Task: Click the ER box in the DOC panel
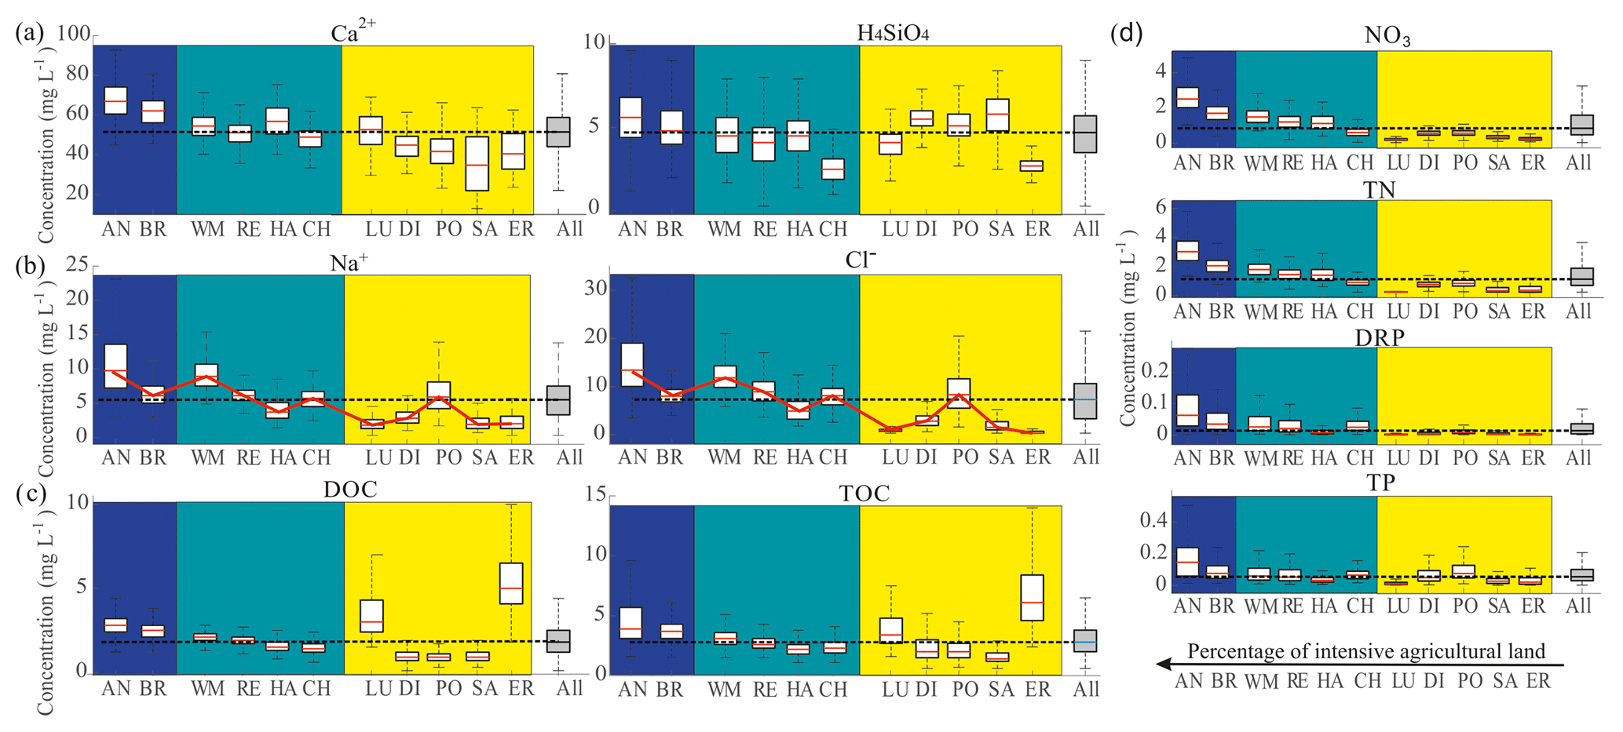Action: click(510, 583)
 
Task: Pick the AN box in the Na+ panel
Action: click(115, 366)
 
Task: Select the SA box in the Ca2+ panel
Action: click(477, 164)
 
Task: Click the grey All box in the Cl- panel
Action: click(1085, 401)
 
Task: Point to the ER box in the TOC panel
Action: click(1038, 598)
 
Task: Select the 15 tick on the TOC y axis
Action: click(595, 494)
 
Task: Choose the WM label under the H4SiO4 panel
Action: click(724, 229)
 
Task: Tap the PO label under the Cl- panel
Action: click(965, 457)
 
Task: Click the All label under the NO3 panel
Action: click(1578, 162)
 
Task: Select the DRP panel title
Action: click(1380, 337)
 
